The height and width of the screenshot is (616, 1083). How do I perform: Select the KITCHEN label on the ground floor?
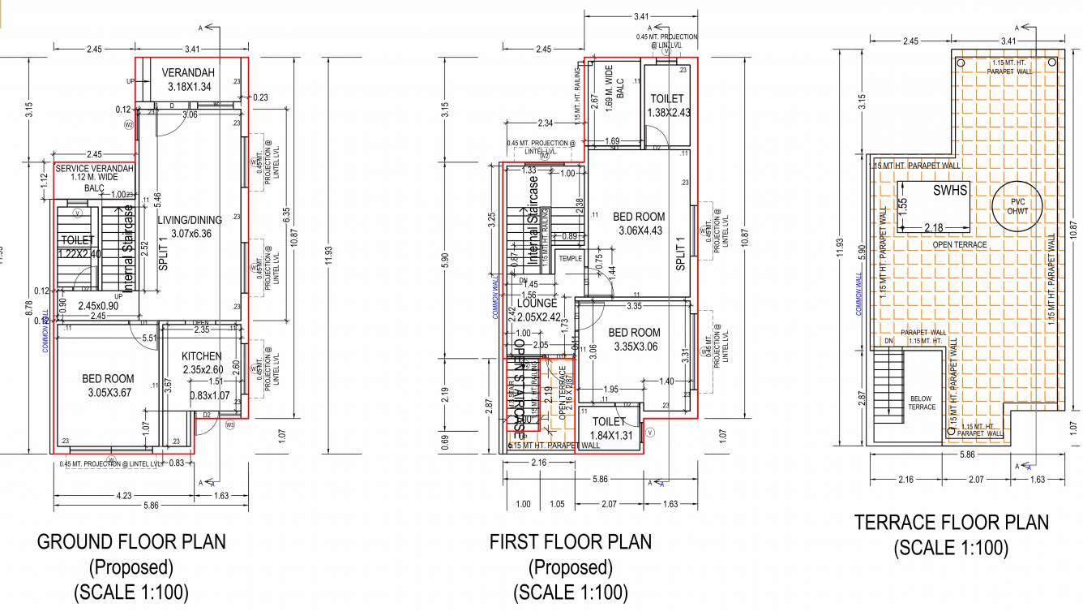click(x=202, y=356)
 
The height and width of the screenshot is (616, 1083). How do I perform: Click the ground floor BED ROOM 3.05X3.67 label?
click(x=108, y=379)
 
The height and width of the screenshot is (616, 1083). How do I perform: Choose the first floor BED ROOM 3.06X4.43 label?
click(x=639, y=217)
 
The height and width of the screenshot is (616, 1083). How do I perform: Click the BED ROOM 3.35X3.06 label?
click(x=634, y=333)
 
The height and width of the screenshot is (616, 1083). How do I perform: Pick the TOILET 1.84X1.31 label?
click(x=609, y=422)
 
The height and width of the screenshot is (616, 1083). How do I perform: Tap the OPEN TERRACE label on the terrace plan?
click(x=959, y=244)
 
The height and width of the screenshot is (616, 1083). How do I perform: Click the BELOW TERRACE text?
click(x=922, y=402)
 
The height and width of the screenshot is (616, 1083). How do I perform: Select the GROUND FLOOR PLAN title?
click(x=131, y=541)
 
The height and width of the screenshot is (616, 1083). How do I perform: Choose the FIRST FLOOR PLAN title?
click(x=570, y=541)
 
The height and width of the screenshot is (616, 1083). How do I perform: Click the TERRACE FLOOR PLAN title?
click(x=951, y=523)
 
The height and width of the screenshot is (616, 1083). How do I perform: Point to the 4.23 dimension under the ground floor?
click(x=124, y=495)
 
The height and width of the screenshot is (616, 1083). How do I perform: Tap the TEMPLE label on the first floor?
click(x=571, y=259)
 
